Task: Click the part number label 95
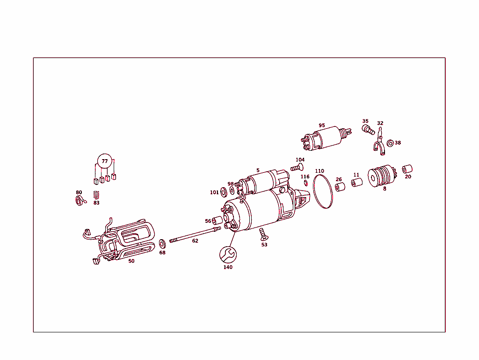pos(322,125)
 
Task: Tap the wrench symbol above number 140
pos(228,255)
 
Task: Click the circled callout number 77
pos(105,162)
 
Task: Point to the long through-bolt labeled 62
pos(195,234)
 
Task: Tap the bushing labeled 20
pos(407,169)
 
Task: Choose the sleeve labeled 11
pos(356,182)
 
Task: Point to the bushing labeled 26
pos(340,187)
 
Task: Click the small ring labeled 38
pos(390,143)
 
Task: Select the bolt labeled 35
pos(368,129)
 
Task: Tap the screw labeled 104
pos(297,167)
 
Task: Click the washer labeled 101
pos(224,192)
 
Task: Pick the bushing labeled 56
pos(218,221)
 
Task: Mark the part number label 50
pos(131,261)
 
